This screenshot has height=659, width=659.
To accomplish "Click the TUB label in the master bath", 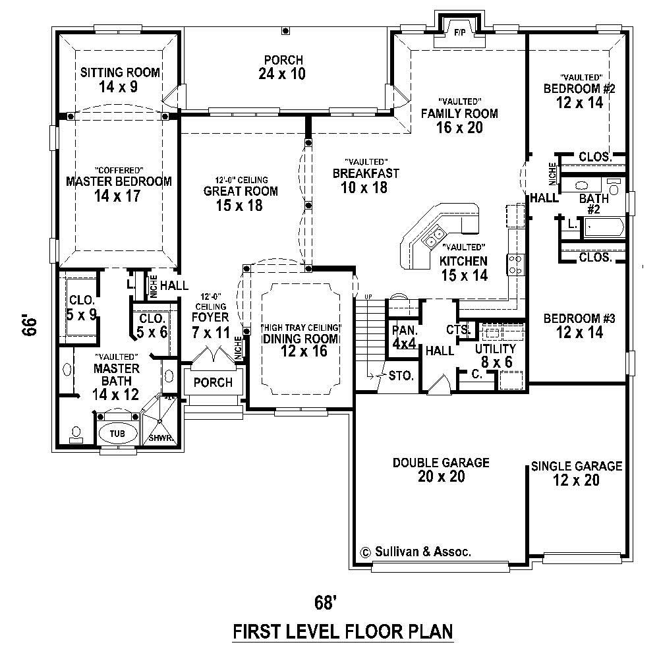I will point(118,433).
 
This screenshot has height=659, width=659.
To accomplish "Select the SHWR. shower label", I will point(161,438).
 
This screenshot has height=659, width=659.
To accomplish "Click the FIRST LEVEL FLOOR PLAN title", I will point(343,632).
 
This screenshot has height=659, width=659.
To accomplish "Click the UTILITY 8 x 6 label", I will point(495,355).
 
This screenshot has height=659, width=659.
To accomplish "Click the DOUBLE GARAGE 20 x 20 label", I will point(441,469).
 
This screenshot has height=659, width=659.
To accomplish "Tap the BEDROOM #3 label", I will point(579,326).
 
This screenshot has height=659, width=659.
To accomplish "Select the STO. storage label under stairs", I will point(401,377).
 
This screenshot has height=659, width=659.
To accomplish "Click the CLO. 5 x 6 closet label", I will point(152,326).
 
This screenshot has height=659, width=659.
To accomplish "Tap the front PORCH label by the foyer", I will point(213,382).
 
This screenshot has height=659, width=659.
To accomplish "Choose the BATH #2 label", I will point(594,204).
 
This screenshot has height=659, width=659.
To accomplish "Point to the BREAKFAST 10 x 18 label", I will point(366,180).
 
